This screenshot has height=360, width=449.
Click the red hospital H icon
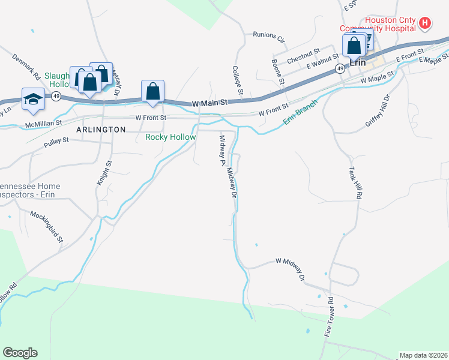coord(425,23)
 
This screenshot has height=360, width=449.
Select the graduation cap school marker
coord(34,100)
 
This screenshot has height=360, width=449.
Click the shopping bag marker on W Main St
coord(153,92)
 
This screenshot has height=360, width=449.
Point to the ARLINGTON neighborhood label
coord(101,130)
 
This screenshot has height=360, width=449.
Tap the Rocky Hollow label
coord(170,137)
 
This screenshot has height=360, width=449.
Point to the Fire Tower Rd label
coord(330,319)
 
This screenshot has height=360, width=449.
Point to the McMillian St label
coord(43,124)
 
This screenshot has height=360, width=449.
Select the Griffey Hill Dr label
coord(378,110)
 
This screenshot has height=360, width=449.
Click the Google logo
coord(20,353)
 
